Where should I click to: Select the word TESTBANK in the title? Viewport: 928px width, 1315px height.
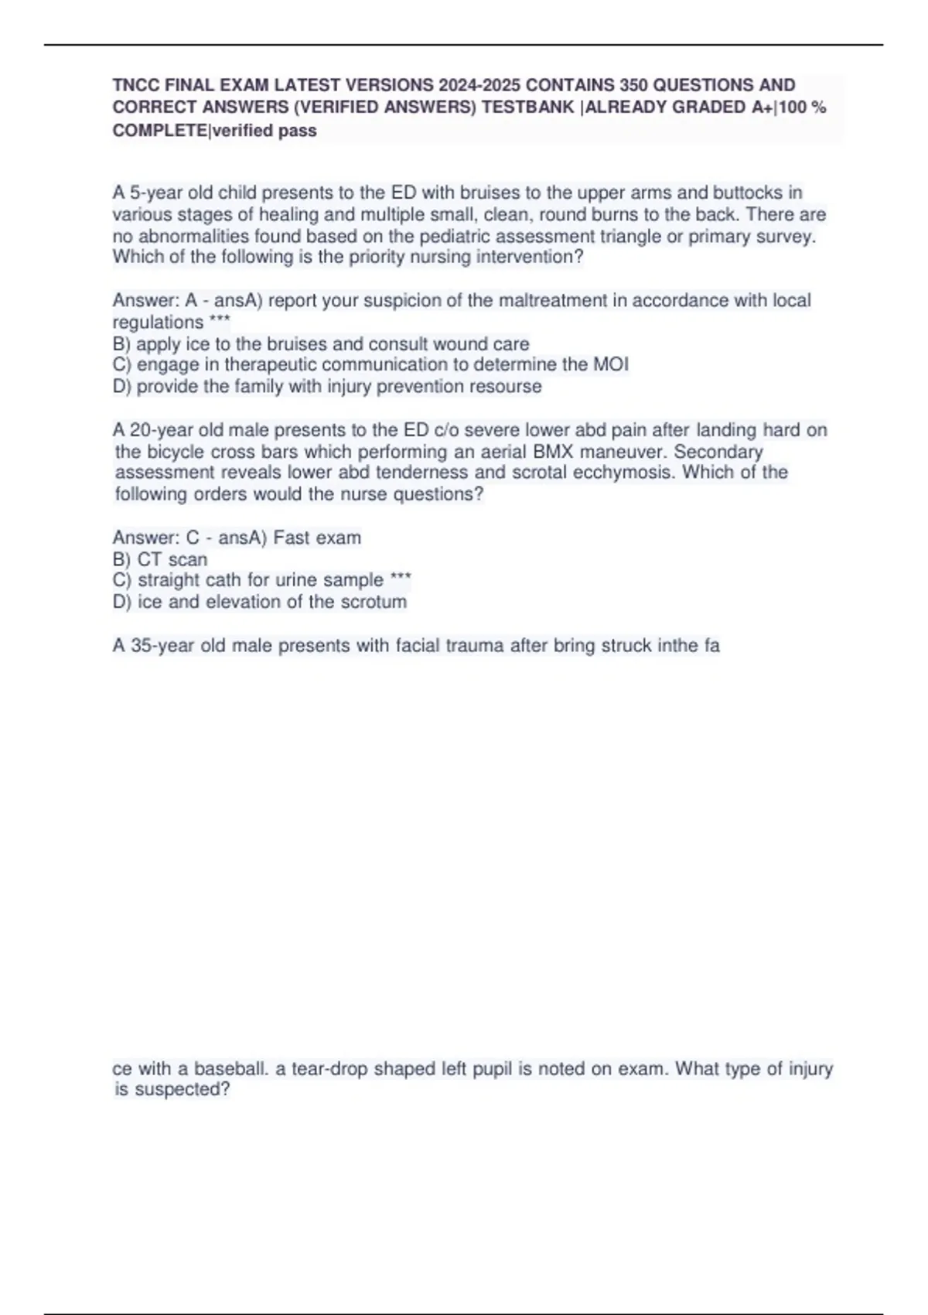tap(528, 108)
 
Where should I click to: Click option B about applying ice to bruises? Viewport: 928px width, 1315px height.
tap(321, 343)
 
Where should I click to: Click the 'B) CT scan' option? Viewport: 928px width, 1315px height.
tap(160, 559)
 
